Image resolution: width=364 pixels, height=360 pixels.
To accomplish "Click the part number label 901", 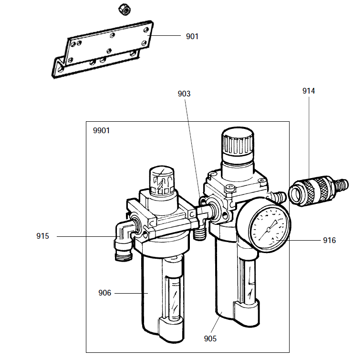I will tap(192, 36).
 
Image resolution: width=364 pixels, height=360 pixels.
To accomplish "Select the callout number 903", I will tap(184, 94).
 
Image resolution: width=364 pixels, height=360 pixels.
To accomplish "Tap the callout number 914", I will tap(309, 91).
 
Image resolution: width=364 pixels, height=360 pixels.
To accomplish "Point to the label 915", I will tap(44, 236).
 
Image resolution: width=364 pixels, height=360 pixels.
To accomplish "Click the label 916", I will tap(329, 240).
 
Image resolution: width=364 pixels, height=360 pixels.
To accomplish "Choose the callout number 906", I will tap(104, 293).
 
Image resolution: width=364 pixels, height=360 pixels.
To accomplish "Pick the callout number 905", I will tap(210, 339).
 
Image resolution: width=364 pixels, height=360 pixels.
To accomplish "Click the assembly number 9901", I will tap(101, 130).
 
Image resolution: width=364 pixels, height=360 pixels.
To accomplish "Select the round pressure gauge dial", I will tap(270, 225).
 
